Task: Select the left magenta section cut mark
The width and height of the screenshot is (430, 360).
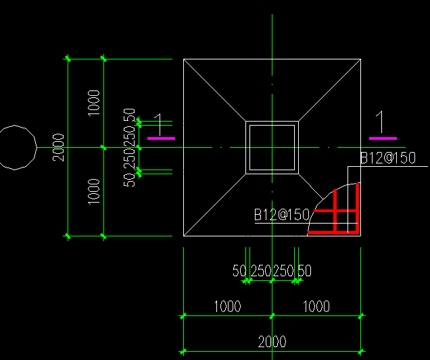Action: [x=161, y=138]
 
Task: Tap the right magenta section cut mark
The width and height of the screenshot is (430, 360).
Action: [x=383, y=138]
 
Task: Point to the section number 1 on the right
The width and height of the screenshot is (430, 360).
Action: [x=380, y=122]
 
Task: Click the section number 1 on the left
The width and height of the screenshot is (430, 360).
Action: [x=158, y=125]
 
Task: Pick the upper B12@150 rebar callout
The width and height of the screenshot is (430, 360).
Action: [x=388, y=158]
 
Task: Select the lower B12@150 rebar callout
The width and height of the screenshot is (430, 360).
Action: [x=282, y=215]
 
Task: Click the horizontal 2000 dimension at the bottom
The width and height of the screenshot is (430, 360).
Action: [x=272, y=342]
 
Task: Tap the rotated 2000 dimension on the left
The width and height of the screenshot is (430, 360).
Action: [x=58, y=147]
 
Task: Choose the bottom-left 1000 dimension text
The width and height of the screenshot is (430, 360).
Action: [x=227, y=306]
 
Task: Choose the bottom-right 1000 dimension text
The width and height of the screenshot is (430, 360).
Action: [x=316, y=306]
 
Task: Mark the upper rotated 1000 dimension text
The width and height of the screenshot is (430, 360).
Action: [x=94, y=103]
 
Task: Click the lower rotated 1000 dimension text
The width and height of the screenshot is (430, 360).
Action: [x=94, y=192]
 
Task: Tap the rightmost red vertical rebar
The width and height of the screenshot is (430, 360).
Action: [x=358, y=209]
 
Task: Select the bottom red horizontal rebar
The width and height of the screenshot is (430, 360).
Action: [x=333, y=233]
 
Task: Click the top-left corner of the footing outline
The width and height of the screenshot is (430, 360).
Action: [x=183, y=59]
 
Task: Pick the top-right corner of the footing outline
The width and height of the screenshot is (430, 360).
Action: [x=360, y=59]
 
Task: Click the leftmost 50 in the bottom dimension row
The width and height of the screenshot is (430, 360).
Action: [x=239, y=271]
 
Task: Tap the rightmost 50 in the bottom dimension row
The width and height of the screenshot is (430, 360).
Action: [x=305, y=271]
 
